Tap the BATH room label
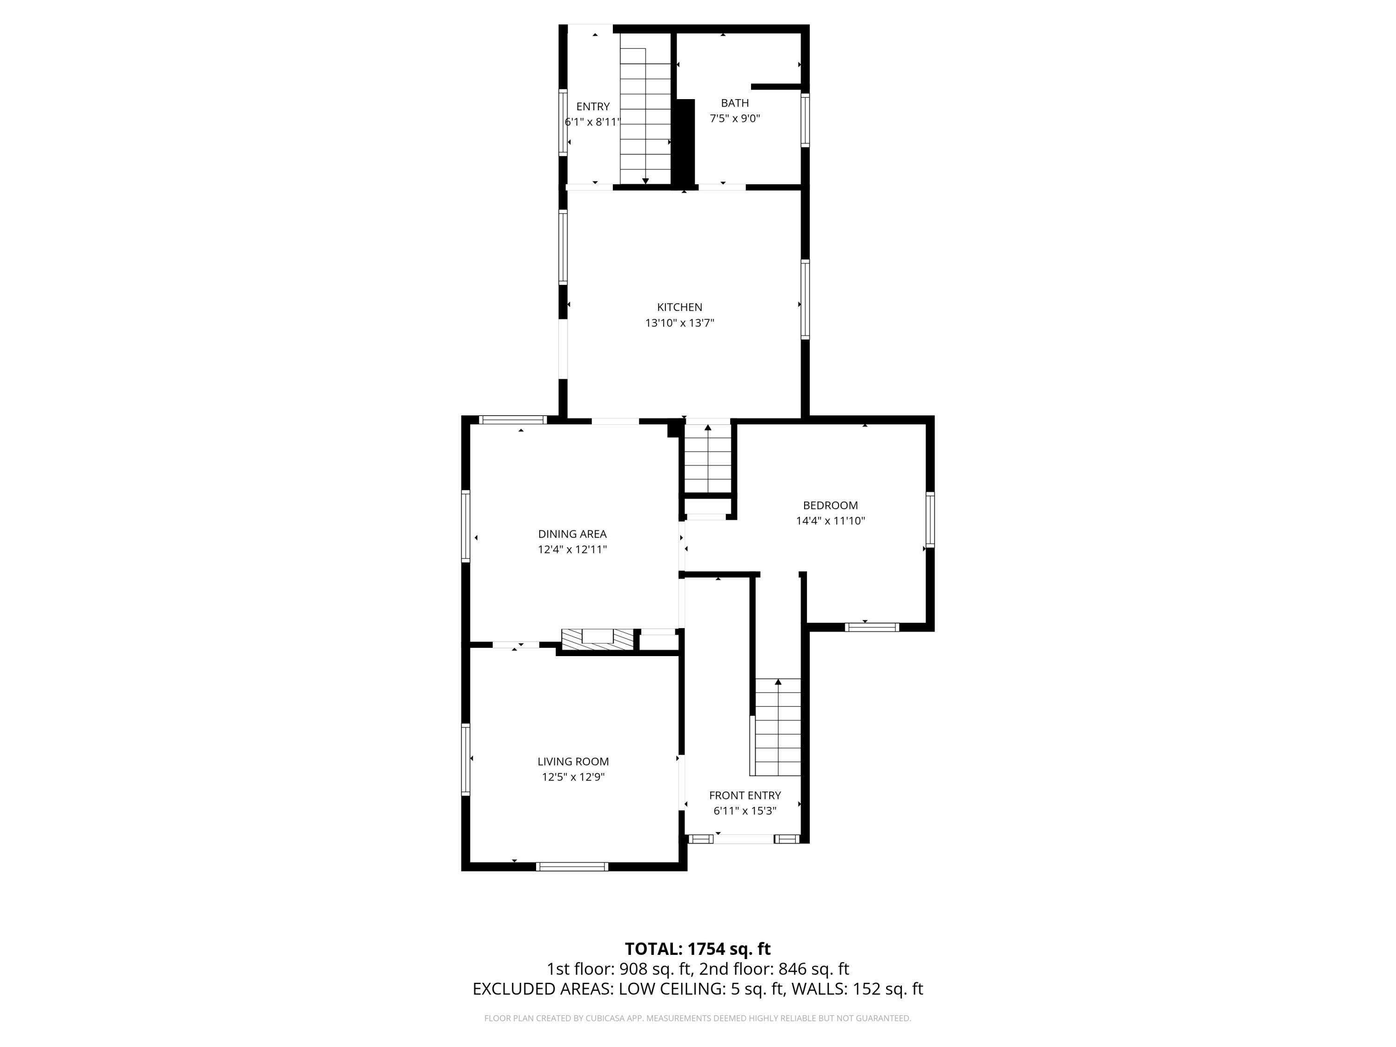pos(735,103)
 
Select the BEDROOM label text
pos(830,505)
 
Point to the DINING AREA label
pos(572,534)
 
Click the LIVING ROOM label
pos(573,762)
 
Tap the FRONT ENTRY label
pos(745,796)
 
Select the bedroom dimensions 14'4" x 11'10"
pos(830,521)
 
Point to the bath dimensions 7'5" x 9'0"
pos(735,119)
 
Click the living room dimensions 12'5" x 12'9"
pos(573,778)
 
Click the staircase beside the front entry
pos(778,727)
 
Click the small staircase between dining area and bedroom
pos(707,458)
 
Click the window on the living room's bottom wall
pos(572,866)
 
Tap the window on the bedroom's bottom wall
pos(872,627)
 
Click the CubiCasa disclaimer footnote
pos(698,1018)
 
